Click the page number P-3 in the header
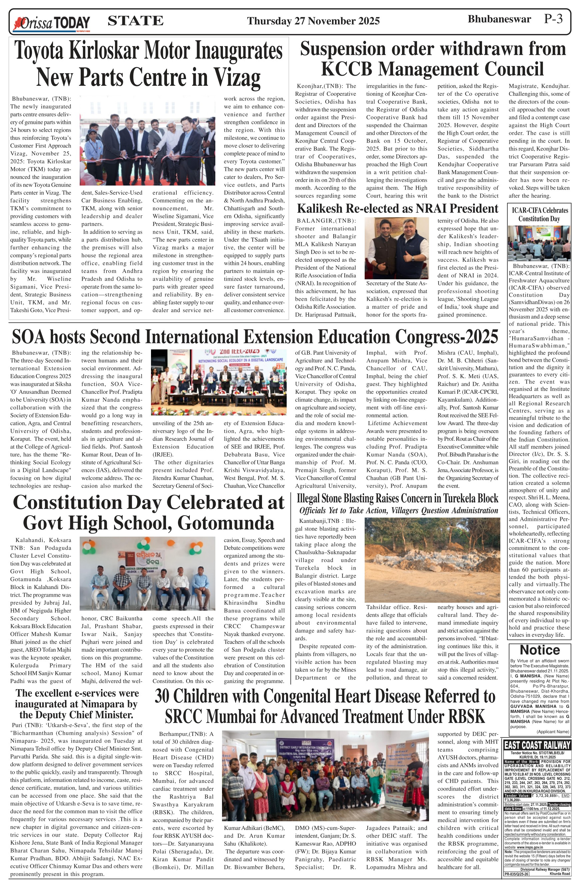click(x=553, y=19)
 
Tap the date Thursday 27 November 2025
click(x=313, y=21)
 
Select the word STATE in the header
click(x=135, y=20)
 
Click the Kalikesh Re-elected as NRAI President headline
click(x=397, y=209)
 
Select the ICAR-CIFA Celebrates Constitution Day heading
click(x=539, y=215)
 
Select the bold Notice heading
click(x=539, y=650)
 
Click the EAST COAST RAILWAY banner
click(x=537, y=745)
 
